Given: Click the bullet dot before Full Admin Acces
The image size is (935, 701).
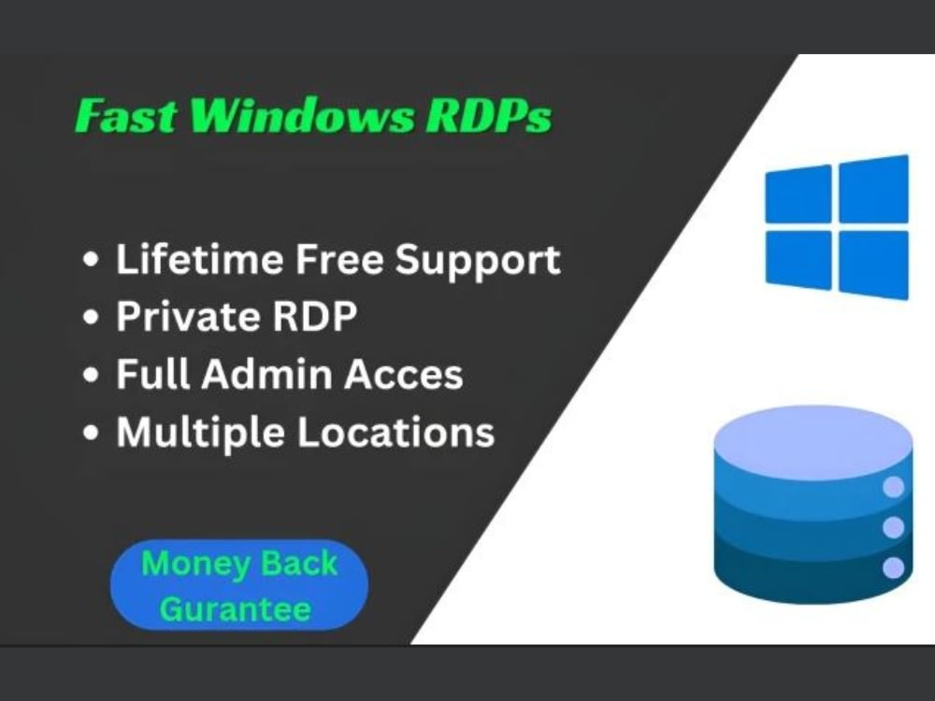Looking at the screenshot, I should click(91, 376).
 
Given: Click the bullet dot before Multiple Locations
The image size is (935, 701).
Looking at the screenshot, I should click(91, 434).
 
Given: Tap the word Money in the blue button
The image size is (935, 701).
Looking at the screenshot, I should click(183, 565).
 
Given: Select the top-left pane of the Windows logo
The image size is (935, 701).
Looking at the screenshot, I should click(798, 194).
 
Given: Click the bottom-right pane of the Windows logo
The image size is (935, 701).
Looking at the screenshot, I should click(873, 264).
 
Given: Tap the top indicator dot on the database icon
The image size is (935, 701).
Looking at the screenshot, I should click(894, 487).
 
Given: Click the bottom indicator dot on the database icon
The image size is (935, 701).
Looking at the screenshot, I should click(894, 566).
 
